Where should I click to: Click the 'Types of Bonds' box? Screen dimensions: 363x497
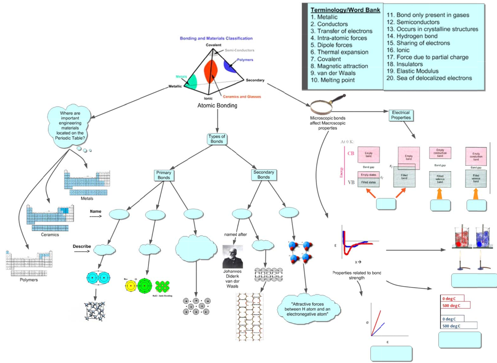[217, 138]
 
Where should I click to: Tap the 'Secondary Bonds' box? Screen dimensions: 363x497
[264, 174]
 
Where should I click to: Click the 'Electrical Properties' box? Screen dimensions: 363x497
[401, 115]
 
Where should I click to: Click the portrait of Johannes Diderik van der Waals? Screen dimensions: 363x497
[232, 256]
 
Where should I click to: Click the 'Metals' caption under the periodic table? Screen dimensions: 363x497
[87, 198]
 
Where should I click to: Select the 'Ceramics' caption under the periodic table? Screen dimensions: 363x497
[50, 234]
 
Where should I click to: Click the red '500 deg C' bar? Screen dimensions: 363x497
[455, 305]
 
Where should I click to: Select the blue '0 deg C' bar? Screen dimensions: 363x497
[451, 319]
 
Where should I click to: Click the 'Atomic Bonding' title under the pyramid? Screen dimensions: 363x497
[217, 105]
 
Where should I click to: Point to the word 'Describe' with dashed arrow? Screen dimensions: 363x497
[82, 246]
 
